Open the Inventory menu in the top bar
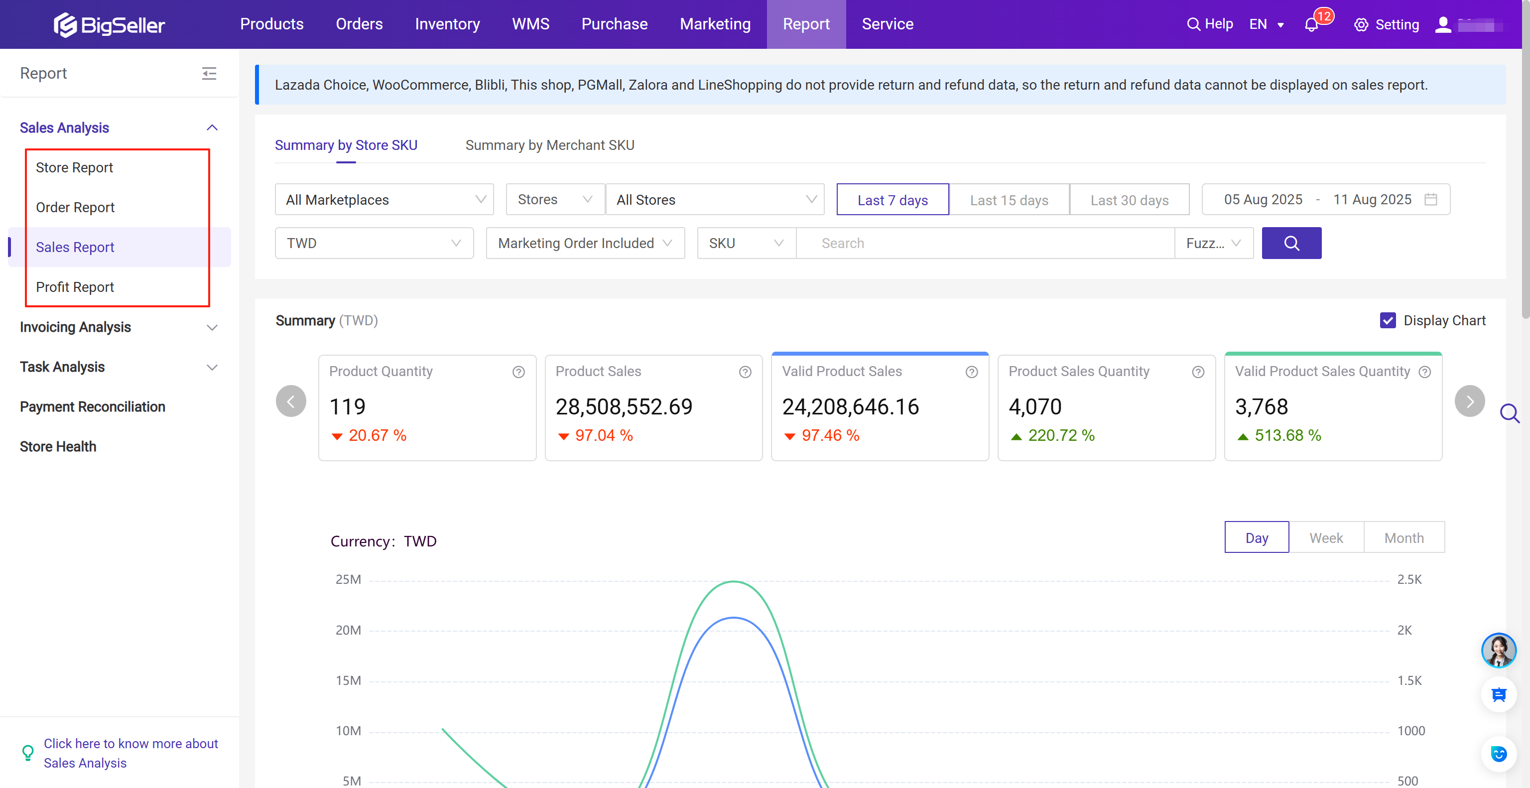coord(447,24)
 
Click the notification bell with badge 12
coord(1311,25)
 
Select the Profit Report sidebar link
coord(75,287)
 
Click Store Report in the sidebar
coord(74,167)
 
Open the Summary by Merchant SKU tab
coord(549,145)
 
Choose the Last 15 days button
coord(1009,200)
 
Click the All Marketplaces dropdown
coord(383,200)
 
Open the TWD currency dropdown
coord(374,244)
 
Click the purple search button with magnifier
coord(1291,244)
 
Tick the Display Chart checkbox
coord(1388,321)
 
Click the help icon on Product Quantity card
coord(518,372)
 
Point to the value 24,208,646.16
coord(850,407)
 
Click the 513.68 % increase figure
coord(1287,435)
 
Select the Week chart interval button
coord(1326,538)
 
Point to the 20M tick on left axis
coord(348,630)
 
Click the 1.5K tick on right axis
coord(1409,680)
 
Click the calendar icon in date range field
coord(1431,200)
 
